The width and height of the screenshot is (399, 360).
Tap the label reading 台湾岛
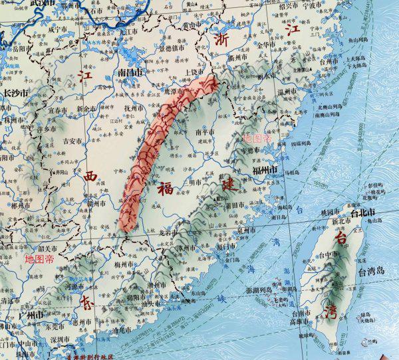(x=372, y=272)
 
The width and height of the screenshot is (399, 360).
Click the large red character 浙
(x=221, y=39)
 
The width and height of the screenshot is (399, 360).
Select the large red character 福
(x=166, y=189)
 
